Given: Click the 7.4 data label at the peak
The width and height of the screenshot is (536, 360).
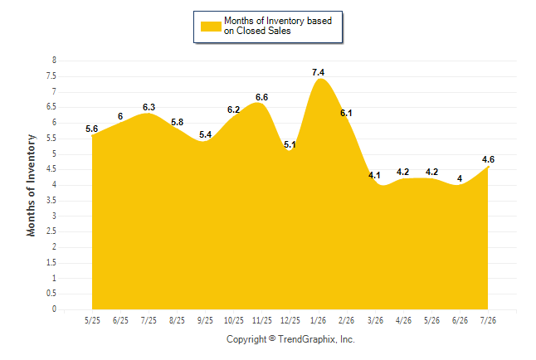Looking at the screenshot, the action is point(318,72).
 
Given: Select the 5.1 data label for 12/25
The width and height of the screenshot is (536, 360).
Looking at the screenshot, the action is point(290,144).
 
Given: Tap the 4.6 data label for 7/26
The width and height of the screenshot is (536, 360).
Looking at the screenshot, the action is point(488,159).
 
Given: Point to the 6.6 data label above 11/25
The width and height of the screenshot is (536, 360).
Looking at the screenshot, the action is point(262,97).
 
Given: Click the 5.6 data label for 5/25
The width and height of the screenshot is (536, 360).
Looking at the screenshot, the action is point(91,129).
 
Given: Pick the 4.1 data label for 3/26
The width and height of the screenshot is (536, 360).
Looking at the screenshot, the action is point(374,175).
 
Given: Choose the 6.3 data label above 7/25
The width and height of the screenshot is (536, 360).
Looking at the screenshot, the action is point(149,107).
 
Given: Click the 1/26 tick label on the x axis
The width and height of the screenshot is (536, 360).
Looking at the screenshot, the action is point(318,320).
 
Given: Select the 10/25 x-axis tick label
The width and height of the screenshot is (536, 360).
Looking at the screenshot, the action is point(234,320).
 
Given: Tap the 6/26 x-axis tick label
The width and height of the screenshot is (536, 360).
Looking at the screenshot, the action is point(460,320).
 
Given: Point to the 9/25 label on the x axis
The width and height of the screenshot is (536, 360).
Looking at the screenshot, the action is point(205,320).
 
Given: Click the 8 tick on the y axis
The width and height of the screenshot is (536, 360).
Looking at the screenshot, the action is point(54,61).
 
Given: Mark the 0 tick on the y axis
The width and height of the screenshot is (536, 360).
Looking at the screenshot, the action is point(54,309).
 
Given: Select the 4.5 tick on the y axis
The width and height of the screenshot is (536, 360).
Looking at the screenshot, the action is point(51,169).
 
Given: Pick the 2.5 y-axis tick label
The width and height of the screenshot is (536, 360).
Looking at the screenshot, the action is point(51,231).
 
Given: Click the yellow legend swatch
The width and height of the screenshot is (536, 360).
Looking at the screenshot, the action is point(211,27).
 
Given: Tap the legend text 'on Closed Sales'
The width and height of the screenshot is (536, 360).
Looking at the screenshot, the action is point(257,31).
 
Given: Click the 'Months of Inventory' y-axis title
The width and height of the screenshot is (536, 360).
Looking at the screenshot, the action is point(31,185).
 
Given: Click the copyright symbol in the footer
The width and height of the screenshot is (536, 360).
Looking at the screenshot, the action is point(272,338).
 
